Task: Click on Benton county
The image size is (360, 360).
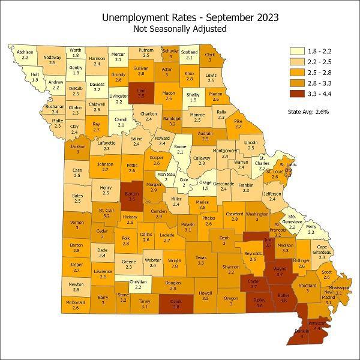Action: (x=133, y=197)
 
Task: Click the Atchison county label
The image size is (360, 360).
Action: (x=25, y=54)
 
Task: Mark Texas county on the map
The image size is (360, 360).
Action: (x=200, y=260)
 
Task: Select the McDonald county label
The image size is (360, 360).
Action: (x=75, y=305)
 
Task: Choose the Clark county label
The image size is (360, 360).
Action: (x=210, y=58)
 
